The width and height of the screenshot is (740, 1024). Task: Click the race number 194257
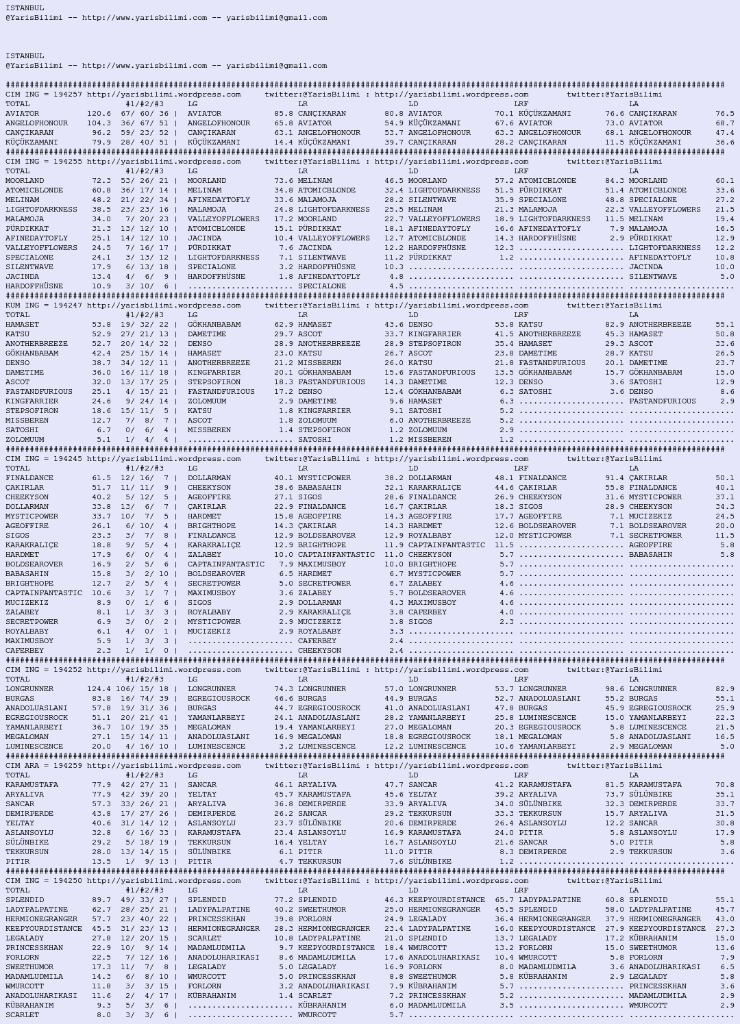coord(67,95)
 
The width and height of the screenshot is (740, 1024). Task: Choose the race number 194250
coord(67,881)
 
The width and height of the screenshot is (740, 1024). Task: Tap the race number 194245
coord(67,459)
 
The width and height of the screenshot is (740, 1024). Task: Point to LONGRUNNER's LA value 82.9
coord(725,689)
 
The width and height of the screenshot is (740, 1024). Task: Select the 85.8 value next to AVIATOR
coord(284,114)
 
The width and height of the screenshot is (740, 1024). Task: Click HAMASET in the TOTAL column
coord(23,325)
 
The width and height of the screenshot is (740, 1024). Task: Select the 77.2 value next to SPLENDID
coord(284,900)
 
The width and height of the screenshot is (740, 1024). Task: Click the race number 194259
coord(67,766)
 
